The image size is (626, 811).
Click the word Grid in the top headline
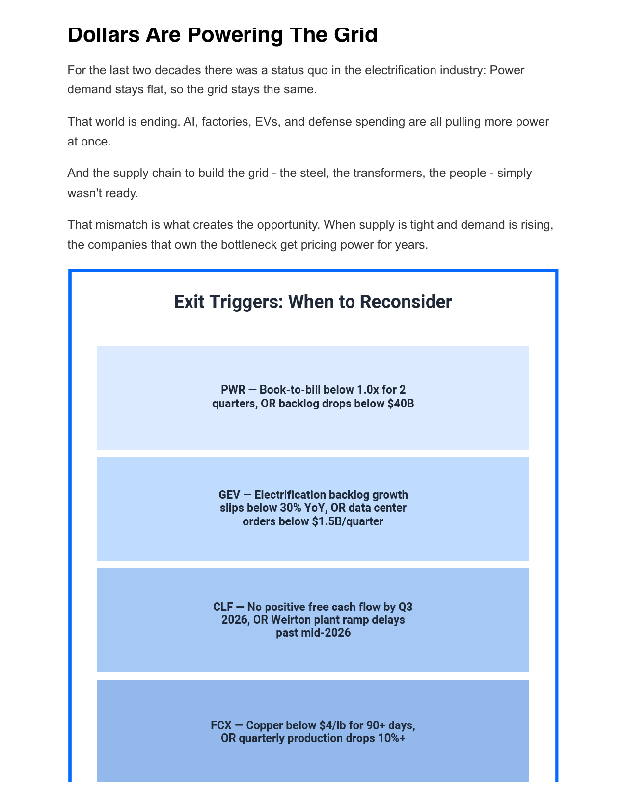(x=355, y=35)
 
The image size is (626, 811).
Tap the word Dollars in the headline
(x=103, y=35)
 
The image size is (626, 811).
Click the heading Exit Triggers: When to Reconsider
(x=313, y=302)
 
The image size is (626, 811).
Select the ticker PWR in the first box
(x=233, y=390)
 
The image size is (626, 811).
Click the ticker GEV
(x=229, y=495)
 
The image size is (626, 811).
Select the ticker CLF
(x=223, y=607)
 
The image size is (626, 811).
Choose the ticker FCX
(x=221, y=725)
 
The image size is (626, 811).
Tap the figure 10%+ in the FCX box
(x=391, y=738)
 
